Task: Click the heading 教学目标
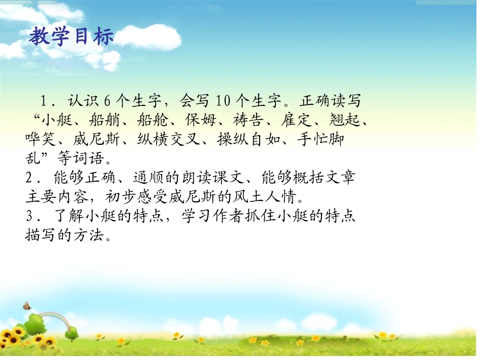point(71,36)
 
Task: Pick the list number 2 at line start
point(29,177)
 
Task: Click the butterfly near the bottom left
point(26,305)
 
